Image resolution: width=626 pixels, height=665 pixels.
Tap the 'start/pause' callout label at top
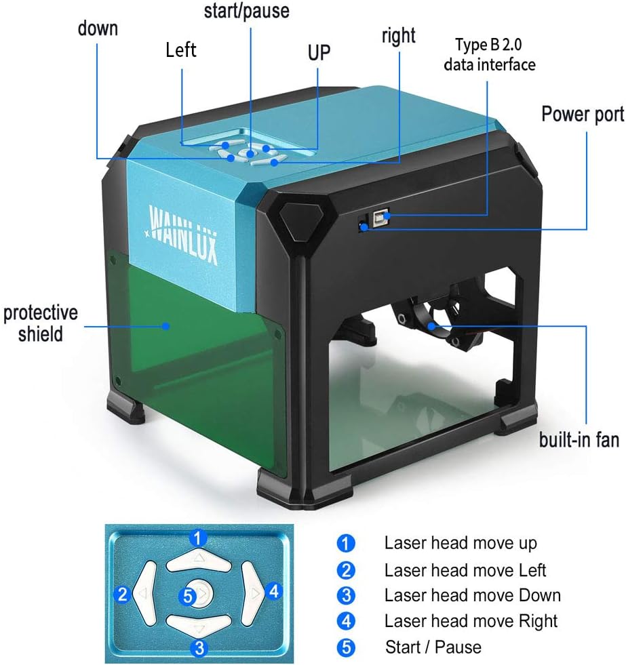[246, 11]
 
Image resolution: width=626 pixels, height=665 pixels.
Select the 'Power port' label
[582, 113]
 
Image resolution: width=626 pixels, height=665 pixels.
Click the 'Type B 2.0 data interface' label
[490, 55]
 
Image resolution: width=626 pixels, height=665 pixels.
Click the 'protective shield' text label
[40, 323]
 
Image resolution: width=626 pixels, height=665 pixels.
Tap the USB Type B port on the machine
[380, 218]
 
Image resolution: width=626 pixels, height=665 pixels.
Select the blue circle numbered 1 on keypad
[197, 539]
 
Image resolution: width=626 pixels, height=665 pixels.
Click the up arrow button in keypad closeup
[198, 559]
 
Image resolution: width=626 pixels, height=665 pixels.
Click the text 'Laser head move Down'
[472, 595]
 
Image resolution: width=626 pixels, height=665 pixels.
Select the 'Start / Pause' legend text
[433, 647]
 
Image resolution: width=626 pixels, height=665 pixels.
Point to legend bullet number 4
[346, 621]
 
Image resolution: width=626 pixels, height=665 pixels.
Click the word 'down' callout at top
[98, 28]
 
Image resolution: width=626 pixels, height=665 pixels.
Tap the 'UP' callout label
[319, 52]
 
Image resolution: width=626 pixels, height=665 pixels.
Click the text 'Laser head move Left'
[465, 570]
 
